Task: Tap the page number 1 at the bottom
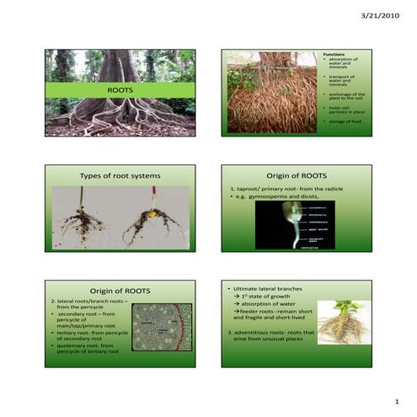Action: pyautogui.click(x=395, y=402)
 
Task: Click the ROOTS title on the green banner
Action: pyautogui.click(x=120, y=89)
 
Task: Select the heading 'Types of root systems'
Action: pyautogui.click(x=120, y=175)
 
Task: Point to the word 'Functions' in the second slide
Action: pyautogui.click(x=334, y=54)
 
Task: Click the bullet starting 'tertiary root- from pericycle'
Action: pyautogui.click(x=93, y=334)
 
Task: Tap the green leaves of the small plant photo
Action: pyautogui.click(x=347, y=306)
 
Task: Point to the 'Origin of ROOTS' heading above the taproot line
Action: pyautogui.click(x=297, y=175)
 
